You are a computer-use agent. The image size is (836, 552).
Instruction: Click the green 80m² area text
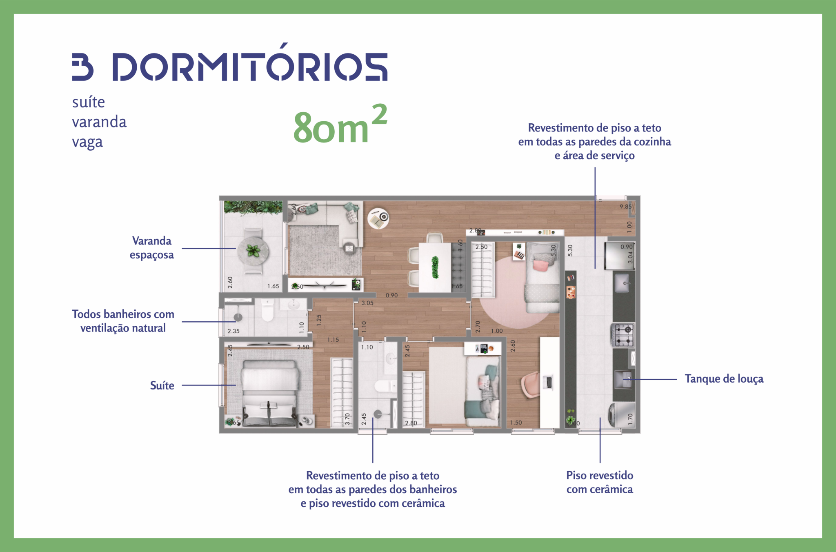click(x=340, y=125)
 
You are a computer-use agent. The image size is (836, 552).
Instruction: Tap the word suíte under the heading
click(x=89, y=102)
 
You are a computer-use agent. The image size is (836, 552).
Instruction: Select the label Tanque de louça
click(x=724, y=379)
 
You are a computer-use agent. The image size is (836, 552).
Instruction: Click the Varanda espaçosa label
click(x=151, y=248)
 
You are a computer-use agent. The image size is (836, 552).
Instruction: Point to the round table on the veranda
click(x=253, y=250)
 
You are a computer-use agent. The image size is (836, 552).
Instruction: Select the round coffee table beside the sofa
click(x=378, y=218)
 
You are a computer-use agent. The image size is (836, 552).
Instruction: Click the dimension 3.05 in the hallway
click(x=367, y=303)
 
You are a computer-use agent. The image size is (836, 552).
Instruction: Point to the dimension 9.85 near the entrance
click(x=625, y=207)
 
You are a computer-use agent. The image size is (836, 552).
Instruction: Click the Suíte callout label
click(x=162, y=385)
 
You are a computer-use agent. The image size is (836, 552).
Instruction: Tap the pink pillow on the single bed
click(x=540, y=266)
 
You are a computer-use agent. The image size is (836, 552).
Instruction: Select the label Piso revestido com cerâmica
click(x=599, y=482)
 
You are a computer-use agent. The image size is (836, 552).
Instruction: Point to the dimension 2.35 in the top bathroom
click(x=233, y=331)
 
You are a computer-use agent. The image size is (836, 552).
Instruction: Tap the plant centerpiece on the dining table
click(x=435, y=267)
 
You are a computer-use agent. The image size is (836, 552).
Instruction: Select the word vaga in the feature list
click(x=87, y=142)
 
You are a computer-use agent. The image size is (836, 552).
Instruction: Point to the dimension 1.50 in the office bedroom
click(x=516, y=423)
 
